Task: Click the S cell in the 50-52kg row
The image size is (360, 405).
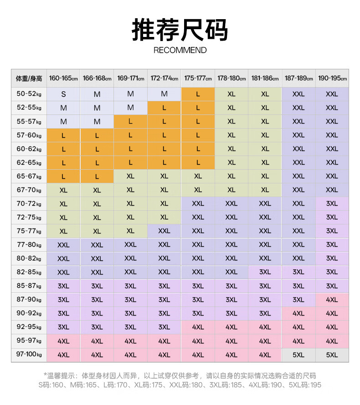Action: [63, 94]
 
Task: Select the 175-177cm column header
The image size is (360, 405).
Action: [198, 78]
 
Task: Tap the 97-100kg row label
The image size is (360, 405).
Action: [29, 354]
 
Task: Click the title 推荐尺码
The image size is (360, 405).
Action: [180, 30]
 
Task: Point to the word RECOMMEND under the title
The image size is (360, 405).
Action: [180, 50]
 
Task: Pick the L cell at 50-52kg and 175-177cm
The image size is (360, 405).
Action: [198, 94]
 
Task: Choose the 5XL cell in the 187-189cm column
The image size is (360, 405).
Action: [298, 354]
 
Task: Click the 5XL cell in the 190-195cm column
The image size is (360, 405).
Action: [332, 354]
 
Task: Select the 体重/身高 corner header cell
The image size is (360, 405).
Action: [29, 78]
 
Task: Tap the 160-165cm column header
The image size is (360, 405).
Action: [63, 78]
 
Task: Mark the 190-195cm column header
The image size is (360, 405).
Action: [332, 78]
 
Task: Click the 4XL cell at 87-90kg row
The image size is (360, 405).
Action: [332, 300]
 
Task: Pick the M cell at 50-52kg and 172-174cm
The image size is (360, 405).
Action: [165, 94]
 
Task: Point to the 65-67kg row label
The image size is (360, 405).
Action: [29, 176]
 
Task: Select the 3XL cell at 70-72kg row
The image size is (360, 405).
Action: [332, 203]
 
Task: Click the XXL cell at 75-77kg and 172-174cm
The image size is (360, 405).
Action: [165, 231]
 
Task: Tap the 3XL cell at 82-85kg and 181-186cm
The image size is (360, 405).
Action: [265, 272]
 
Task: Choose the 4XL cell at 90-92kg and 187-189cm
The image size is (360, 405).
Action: [298, 313]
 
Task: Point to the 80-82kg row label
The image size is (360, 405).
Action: [29, 258]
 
